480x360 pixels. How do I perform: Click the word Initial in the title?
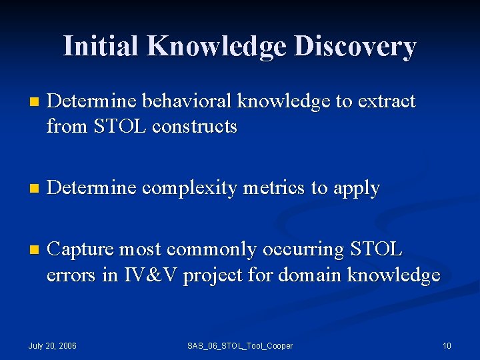[x=101, y=46]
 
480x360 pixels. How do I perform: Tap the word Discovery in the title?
[x=355, y=46]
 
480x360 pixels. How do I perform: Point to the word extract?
[x=386, y=101]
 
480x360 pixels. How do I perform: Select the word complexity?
[x=191, y=189]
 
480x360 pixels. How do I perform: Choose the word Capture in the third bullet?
[x=85, y=249]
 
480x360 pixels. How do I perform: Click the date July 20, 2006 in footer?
[x=53, y=345]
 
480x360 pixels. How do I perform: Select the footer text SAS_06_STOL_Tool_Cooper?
[x=240, y=345]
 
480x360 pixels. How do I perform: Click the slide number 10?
[x=447, y=345]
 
